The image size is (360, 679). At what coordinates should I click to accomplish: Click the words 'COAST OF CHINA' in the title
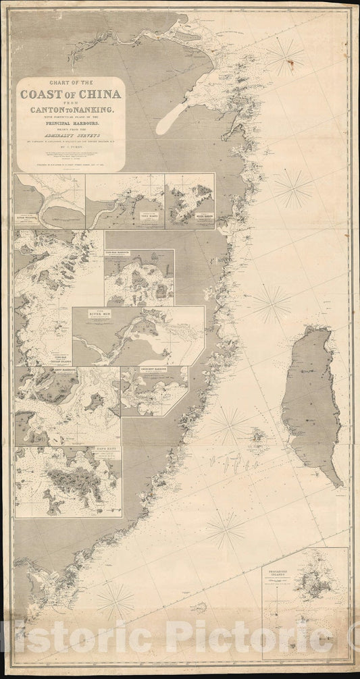[71, 94]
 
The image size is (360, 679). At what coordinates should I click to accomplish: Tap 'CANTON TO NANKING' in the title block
[71, 108]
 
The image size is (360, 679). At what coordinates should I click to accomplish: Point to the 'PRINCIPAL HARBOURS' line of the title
[71, 124]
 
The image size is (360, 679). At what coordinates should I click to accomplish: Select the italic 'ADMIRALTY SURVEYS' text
[71, 137]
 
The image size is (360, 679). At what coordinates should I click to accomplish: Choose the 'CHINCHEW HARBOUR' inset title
[154, 371]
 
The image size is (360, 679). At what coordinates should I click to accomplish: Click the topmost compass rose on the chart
[284, 57]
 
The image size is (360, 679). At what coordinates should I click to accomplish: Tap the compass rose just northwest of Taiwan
[272, 304]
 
